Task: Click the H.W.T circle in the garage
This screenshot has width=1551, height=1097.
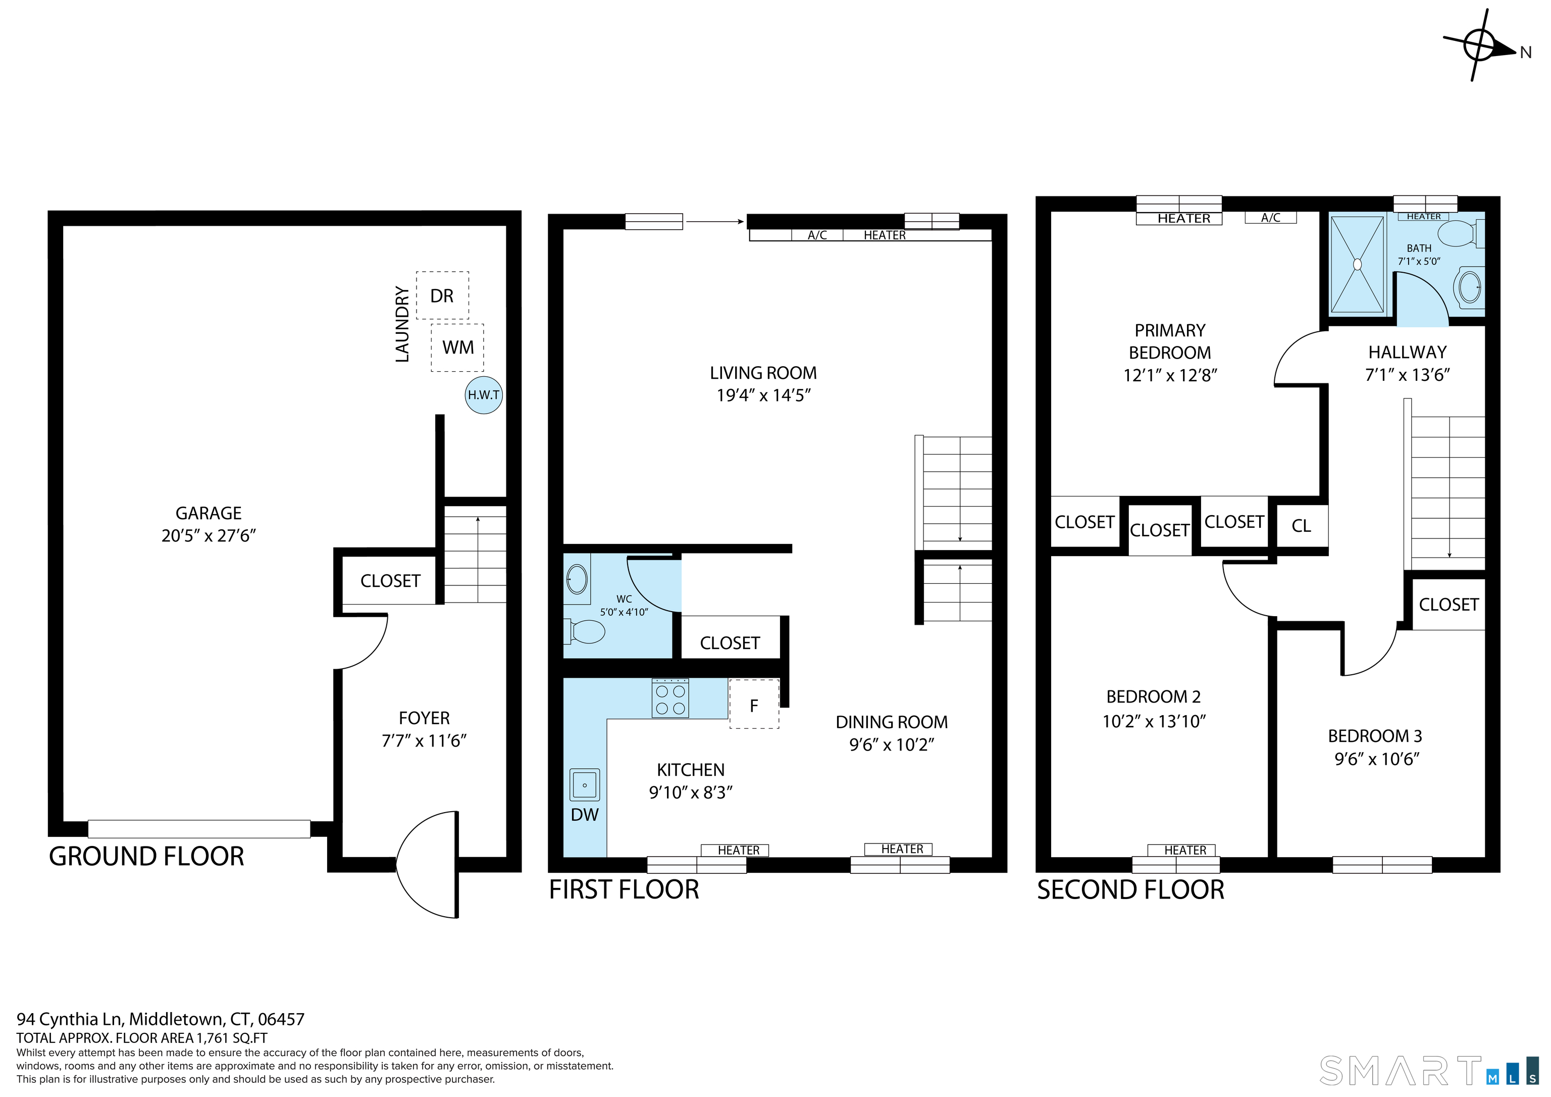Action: (484, 395)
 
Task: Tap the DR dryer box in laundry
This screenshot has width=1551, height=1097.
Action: (442, 295)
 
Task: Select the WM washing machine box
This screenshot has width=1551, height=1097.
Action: (457, 347)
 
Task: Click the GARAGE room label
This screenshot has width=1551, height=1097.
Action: (208, 513)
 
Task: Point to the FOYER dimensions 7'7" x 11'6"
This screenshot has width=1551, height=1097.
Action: (424, 741)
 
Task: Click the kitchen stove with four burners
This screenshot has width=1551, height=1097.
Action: (670, 697)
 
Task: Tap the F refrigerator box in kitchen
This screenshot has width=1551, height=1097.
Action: (754, 704)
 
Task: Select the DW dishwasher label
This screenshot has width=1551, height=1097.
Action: (584, 815)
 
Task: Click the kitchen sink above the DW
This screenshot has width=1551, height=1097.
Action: (584, 785)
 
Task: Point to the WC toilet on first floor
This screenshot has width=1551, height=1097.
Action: (585, 632)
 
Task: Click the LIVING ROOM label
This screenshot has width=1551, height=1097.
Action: (763, 373)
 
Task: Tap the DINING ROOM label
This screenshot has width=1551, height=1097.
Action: (892, 722)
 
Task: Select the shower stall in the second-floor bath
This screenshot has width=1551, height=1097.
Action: (1357, 264)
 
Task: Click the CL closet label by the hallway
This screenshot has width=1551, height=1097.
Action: (1301, 526)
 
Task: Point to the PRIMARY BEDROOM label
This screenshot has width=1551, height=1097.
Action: (1170, 341)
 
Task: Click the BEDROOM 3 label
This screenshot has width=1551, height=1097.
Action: (1375, 735)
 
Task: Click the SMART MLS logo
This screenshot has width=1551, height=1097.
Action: (1429, 1071)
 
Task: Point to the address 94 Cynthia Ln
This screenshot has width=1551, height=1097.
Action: (72, 1019)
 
